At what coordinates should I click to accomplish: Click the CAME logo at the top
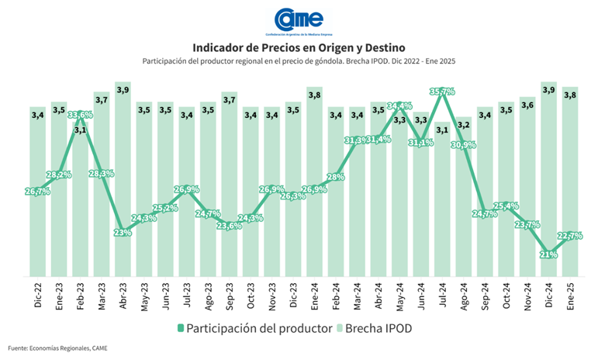(299, 21)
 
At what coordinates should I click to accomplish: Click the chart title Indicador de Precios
(299, 48)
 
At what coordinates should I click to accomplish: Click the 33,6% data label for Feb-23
(80, 116)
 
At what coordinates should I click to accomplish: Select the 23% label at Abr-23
(123, 232)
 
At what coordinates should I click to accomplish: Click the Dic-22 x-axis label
(38, 294)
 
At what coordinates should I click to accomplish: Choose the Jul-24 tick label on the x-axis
(443, 294)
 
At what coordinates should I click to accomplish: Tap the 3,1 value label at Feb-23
(80, 130)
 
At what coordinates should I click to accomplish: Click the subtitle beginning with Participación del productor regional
(299, 61)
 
